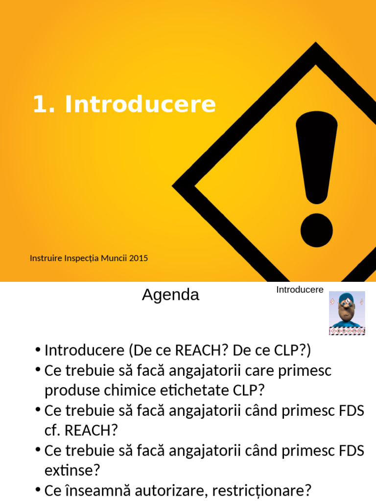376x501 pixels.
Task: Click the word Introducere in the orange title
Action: click(x=140, y=104)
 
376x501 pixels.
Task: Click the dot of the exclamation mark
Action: click(x=316, y=230)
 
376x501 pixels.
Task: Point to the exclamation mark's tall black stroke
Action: click(x=316, y=157)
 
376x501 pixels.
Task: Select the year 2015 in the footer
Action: click(x=139, y=257)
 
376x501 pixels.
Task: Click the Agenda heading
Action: click(x=170, y=295)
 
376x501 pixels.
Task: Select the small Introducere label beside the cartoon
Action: click(x=300, y=290)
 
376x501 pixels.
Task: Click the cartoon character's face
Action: click(x=347, y=311)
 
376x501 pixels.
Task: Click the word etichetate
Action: click(x=191, y=390)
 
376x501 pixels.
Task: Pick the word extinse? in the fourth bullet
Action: click(x=72, y=471)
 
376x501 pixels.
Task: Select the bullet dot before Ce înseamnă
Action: click(x=38, y=489)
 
